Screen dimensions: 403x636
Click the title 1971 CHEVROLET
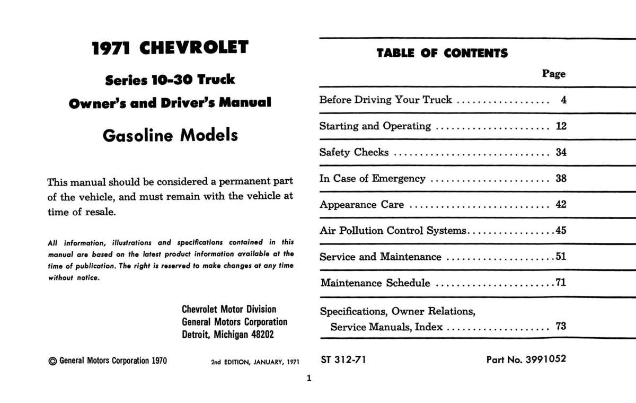(170, 48)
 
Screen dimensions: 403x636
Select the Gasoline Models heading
(170, 135)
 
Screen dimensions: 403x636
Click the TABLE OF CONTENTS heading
(442, 53)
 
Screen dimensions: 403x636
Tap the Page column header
(554, 74)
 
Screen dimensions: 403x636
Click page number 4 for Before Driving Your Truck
(563, 100)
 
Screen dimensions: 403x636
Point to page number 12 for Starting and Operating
(561, 126)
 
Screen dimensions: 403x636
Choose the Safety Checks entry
(354, 153)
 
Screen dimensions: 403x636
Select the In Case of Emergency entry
(372, 179)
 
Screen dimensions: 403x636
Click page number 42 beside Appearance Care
(561, 205)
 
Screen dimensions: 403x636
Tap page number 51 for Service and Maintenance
(561, 257)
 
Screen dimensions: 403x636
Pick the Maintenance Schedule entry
(375, 283)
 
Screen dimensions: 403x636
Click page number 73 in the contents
(561, 327)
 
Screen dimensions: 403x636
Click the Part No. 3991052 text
(526, 360)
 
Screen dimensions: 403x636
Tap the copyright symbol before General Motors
(52, 361)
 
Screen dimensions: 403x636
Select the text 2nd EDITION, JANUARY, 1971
(255, 362)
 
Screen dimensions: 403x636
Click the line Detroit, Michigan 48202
(228, 335)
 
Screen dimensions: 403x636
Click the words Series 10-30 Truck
(170, 80)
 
